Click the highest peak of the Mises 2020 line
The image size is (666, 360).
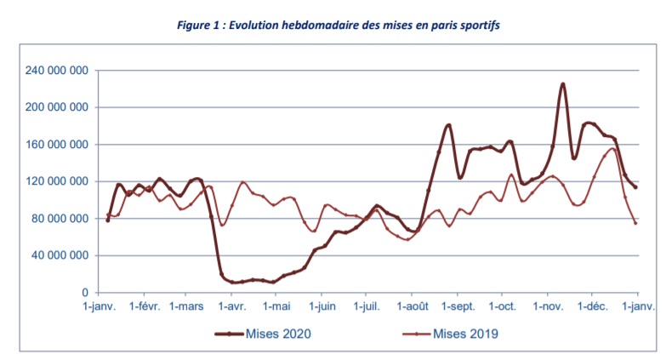point(562,84)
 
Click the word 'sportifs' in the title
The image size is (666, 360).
point(475,26)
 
